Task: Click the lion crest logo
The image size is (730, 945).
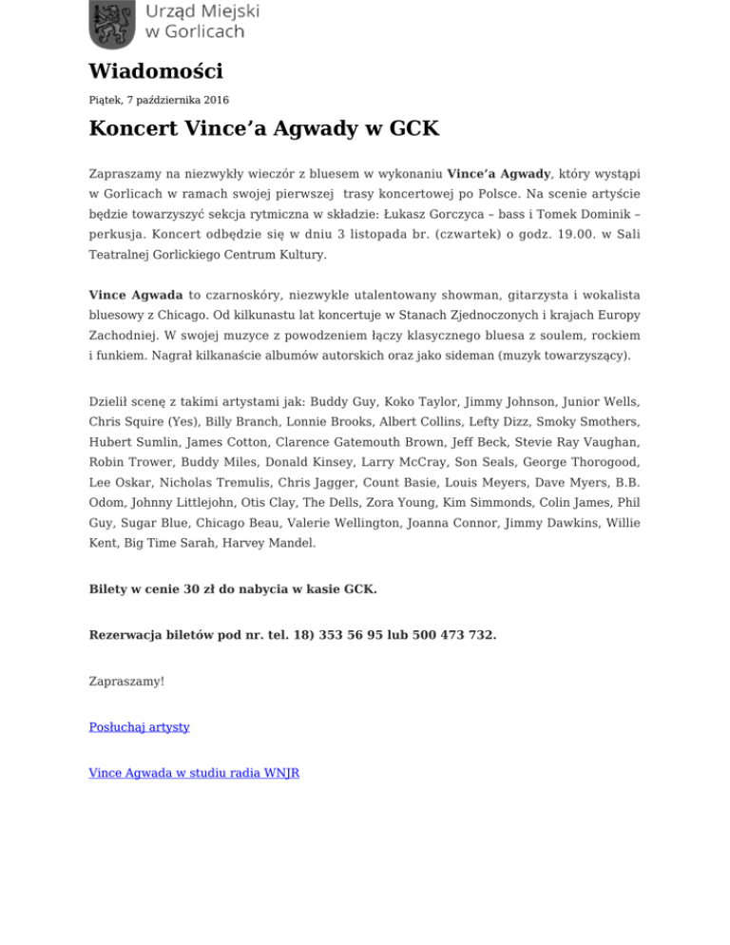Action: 113,25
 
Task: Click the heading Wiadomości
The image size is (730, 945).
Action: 156,71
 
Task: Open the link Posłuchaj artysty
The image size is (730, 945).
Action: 139,726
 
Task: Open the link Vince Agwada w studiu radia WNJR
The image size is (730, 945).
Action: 194,773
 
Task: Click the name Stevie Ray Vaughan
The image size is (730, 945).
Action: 583,442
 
